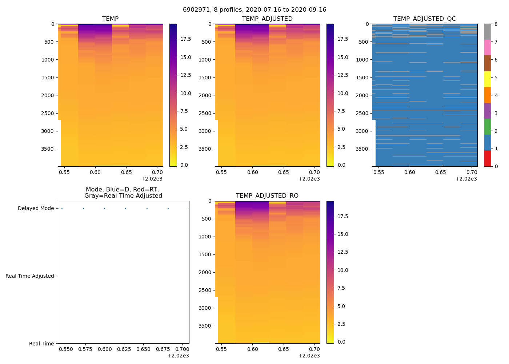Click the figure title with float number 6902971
pyautogui.click(x=254, y=10)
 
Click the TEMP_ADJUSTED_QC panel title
pyautogui.click(x=424, y=19)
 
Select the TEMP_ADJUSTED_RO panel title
pyautogui.click(x=267, y=196)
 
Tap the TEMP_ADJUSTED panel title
pyautogui.click(x=267, y=19)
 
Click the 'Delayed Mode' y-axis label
pyautogui.click(x=36, y=209)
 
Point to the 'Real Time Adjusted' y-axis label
pyautogui.click(x=30, y=276)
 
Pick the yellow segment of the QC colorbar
pyautogui.click(x=487, y=79)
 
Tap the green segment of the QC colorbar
pyautogui.click(x=487, y=127)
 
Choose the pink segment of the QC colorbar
pyautogui.click(x=487, y=47)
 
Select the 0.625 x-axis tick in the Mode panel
pyautogui.click(x=126, y=349)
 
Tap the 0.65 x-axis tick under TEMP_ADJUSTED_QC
pyautogui.click(x=441, y=172)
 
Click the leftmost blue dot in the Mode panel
pyautogui.click(x=62, y=209)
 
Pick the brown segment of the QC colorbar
pyautogui.click(x=487, y=63)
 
